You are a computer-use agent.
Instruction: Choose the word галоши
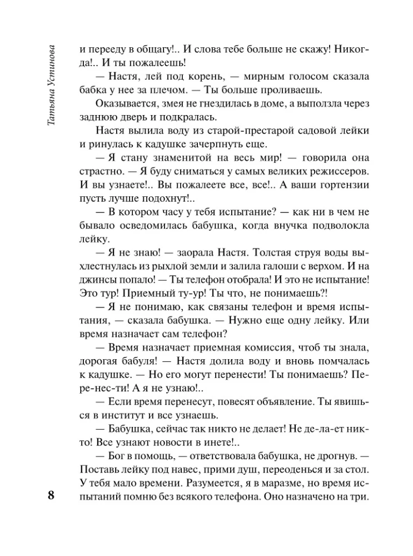[279, 267]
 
